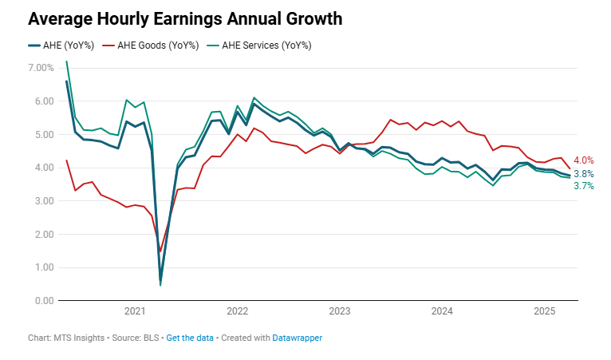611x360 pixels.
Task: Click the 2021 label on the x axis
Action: point(135,311)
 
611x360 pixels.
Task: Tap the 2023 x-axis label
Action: point(340,311)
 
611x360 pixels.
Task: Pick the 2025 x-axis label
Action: point(544,311)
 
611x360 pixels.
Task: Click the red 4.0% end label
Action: point(584,160)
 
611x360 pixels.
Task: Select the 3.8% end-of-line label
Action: point(584,174)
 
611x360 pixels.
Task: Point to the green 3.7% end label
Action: point(584,186)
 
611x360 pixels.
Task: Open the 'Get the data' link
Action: point(190,338)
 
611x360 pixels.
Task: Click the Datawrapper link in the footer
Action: point(298,338)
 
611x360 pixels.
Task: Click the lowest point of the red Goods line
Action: point(160,251)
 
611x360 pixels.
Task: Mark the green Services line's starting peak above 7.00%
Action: point(66,61)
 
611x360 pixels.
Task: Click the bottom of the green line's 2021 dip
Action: point(160,284)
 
